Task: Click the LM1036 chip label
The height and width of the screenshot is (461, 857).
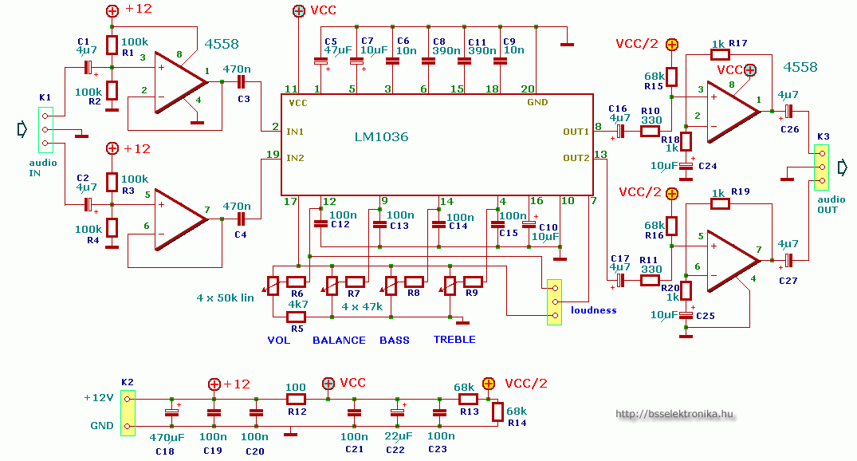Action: point(381,137)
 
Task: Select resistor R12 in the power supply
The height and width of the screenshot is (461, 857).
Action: point(296,398)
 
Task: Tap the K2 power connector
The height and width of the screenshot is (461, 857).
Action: point(128,412)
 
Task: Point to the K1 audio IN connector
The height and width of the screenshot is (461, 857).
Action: point(45,128)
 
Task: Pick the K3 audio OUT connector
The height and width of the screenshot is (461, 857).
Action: point(822,167)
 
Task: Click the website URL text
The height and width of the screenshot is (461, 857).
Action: point(674,414)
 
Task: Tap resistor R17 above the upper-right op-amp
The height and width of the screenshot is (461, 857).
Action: point(720,54)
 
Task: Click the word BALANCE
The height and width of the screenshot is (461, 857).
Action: point(339,340)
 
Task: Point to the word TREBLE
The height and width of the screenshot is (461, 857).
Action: point(454,340)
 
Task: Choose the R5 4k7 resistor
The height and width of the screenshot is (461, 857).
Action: point(297,317)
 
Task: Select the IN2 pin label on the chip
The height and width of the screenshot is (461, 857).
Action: point(295,158)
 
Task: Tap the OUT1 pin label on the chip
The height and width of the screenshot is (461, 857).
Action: point(576,130)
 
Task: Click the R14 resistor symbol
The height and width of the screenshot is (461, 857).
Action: point(497,412)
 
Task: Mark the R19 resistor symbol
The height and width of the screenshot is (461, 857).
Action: point(720,203)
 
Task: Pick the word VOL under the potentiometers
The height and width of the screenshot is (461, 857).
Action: point(278,340)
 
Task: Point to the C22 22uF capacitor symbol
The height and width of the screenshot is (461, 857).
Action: point(397,412)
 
